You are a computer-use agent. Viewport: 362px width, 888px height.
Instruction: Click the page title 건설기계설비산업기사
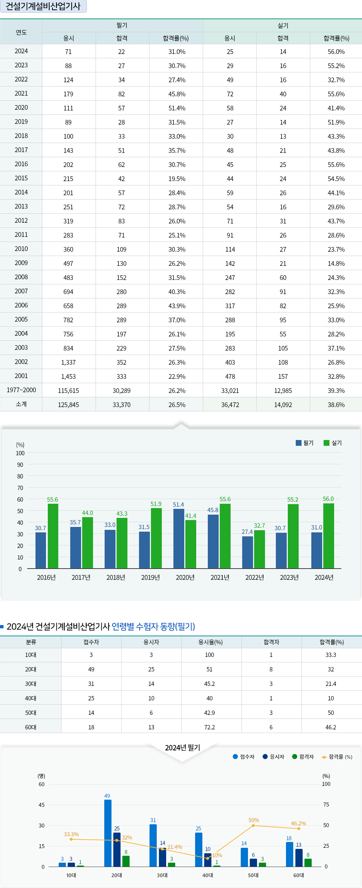click(x=43, y=7)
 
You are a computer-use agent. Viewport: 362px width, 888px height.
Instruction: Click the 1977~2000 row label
click(x=21, y=390)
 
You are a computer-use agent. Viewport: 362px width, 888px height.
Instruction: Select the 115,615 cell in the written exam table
click(x=68, y=391)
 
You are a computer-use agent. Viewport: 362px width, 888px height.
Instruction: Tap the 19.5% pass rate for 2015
click(x=177, y=179)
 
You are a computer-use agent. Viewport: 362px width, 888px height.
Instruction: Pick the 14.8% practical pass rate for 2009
click(x=336, y=264)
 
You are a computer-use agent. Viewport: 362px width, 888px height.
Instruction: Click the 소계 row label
click(x=21, y=404)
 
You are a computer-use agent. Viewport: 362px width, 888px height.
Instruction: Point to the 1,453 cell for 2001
click(x=68, y=377)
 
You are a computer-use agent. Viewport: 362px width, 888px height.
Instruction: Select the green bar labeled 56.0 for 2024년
click(x=329, y=536)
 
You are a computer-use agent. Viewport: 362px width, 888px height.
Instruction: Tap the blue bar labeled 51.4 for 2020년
click(x=179, y=539)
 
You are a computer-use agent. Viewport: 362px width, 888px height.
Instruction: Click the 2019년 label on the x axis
click(x=150, y=578)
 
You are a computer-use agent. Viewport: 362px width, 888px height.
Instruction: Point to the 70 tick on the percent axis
click(x=20, y=488)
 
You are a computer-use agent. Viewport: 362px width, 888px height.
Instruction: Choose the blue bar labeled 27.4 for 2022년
click(x=248, y=552)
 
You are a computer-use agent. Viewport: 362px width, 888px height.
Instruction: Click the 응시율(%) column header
click(x=210, y=642)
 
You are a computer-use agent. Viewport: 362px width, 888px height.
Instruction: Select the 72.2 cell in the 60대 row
click(x=210, y=727)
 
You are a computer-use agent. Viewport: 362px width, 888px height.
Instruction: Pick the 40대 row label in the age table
click(x=31, y=698)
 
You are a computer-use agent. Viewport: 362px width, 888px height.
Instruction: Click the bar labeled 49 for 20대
click(x=108, y=833)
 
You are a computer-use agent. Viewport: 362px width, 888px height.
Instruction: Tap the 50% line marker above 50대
click(x=253, y=826)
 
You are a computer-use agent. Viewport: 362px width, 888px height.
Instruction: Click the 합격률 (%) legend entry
click(x=337, y=757)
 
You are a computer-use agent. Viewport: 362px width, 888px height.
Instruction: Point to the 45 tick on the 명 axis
click(x=42, y=805)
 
